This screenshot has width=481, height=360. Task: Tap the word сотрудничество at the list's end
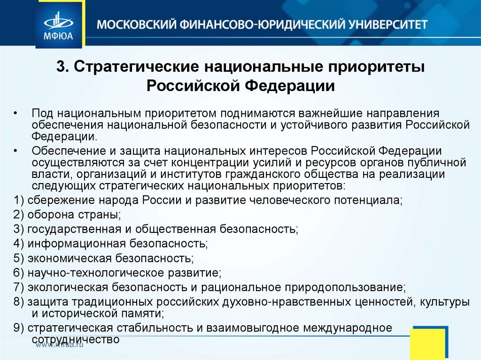point(76,338)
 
